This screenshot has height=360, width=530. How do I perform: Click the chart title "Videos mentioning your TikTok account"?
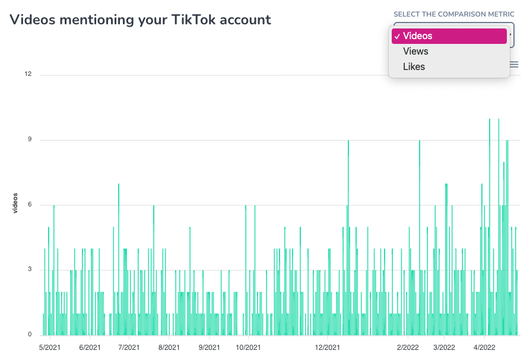pos(140,20)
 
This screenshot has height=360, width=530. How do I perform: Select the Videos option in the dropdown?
pos(449,36)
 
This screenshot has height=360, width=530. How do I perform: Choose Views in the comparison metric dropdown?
pos(415,52)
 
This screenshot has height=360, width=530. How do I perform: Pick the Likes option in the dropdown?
pos(414,67)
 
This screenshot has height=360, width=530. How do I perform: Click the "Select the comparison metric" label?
pos(453,14)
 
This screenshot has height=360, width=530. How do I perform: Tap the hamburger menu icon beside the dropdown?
pos(515,65)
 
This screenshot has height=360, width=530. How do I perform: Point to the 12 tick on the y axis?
pos(28,75)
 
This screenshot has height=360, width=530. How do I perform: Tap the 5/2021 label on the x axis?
pos(50,348)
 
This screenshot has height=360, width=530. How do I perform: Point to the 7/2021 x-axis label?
pos(129,348)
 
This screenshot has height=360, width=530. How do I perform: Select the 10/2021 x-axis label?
pos(248,348)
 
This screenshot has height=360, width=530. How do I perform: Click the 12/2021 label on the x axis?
pos(327,348)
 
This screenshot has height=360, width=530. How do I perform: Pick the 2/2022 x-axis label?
pos(408,348)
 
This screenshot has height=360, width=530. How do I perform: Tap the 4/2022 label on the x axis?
pos(484,348)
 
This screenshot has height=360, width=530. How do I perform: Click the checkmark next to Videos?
pos(396,36)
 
